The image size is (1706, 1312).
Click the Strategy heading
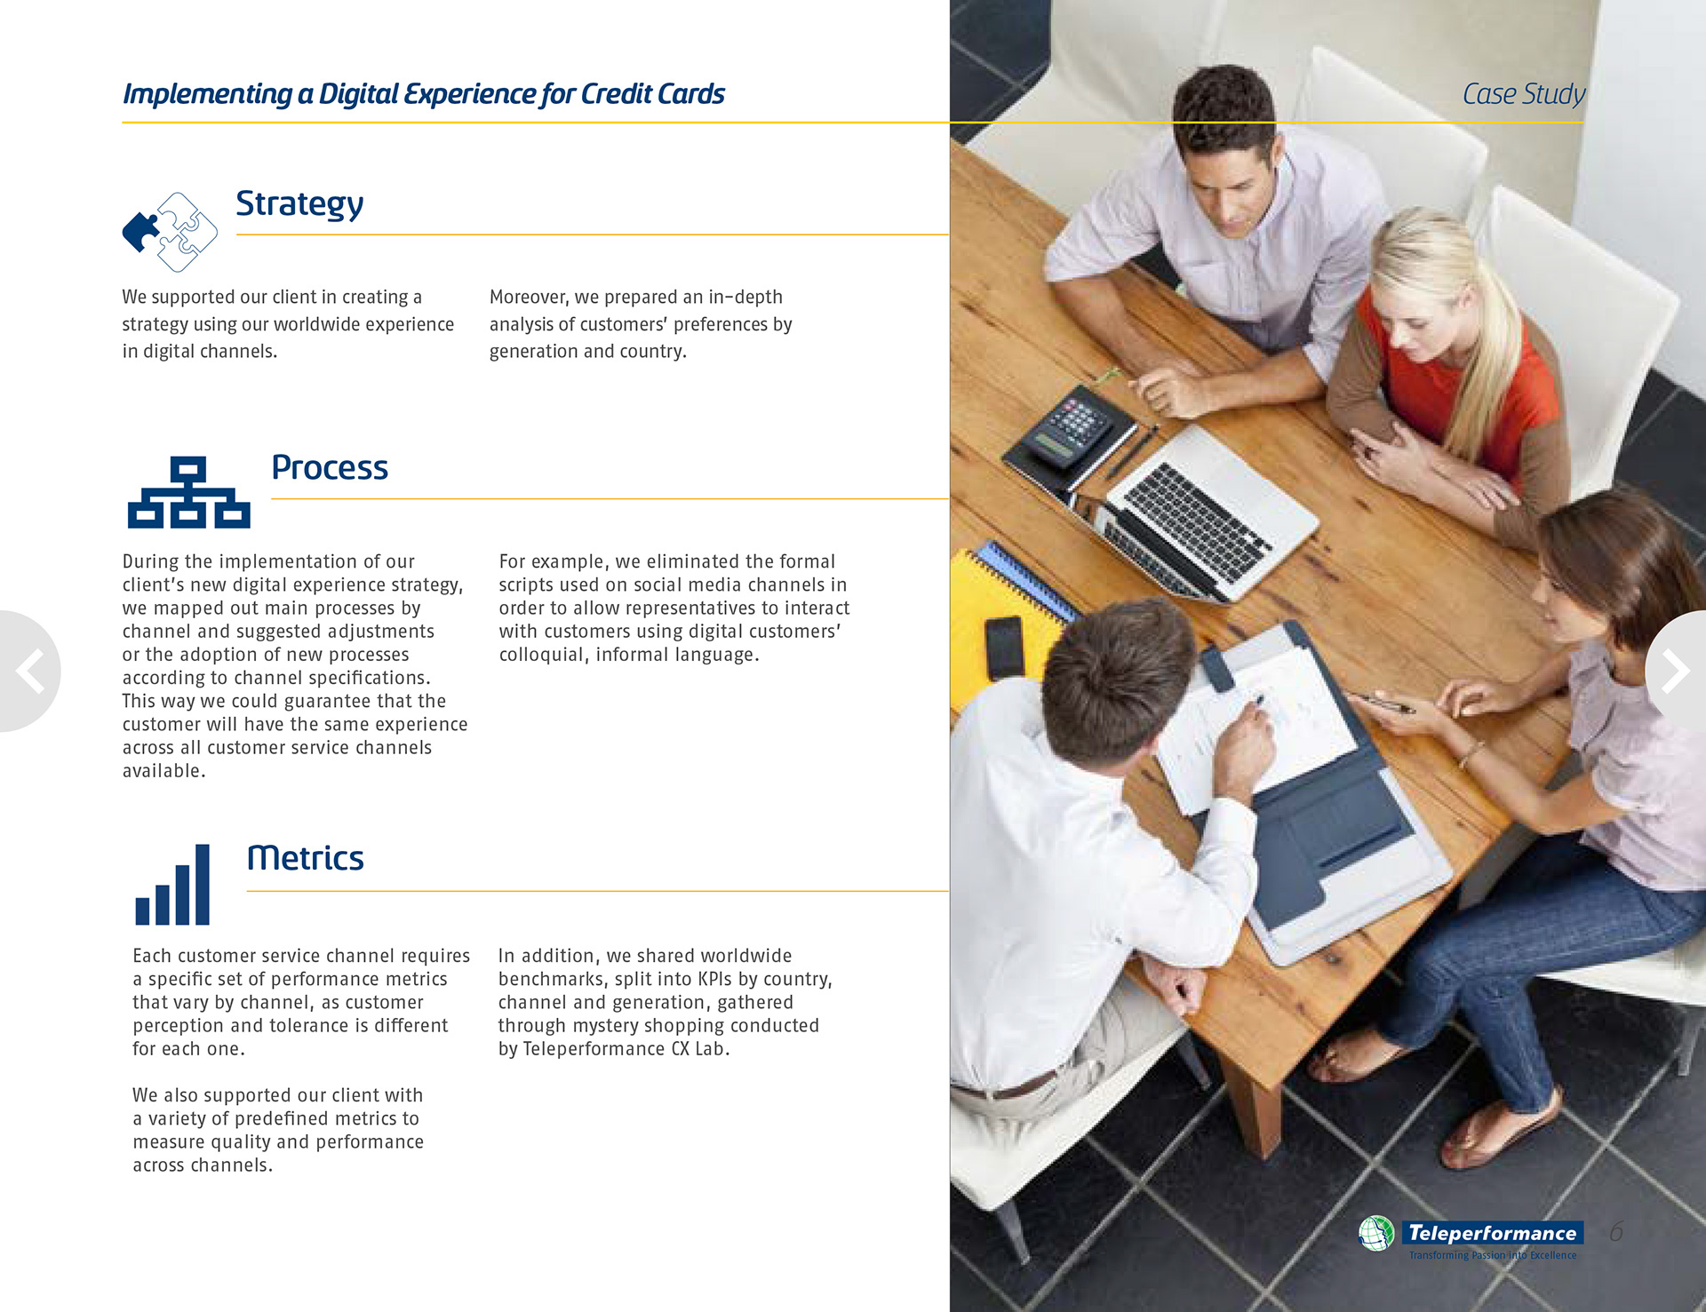point(299,204)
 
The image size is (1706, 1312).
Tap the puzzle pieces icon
point(170,232)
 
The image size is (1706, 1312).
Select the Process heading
point(330,467)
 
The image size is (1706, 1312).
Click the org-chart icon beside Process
point(188,492)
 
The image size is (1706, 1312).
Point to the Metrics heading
point(305,858)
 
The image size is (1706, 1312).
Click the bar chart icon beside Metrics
point(172,885)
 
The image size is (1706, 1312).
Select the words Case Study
point(1523,93)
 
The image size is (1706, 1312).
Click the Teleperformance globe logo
point(1376,1233)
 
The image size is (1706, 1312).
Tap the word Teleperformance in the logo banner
point(1492,1233)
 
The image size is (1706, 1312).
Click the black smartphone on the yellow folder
point(1004,648)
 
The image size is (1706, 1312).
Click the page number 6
point(1616,1232)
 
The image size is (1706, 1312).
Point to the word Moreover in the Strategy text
point(530,297)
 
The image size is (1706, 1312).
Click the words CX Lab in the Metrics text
point(700,1049)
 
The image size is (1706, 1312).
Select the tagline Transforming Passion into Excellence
point(1493,1255)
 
